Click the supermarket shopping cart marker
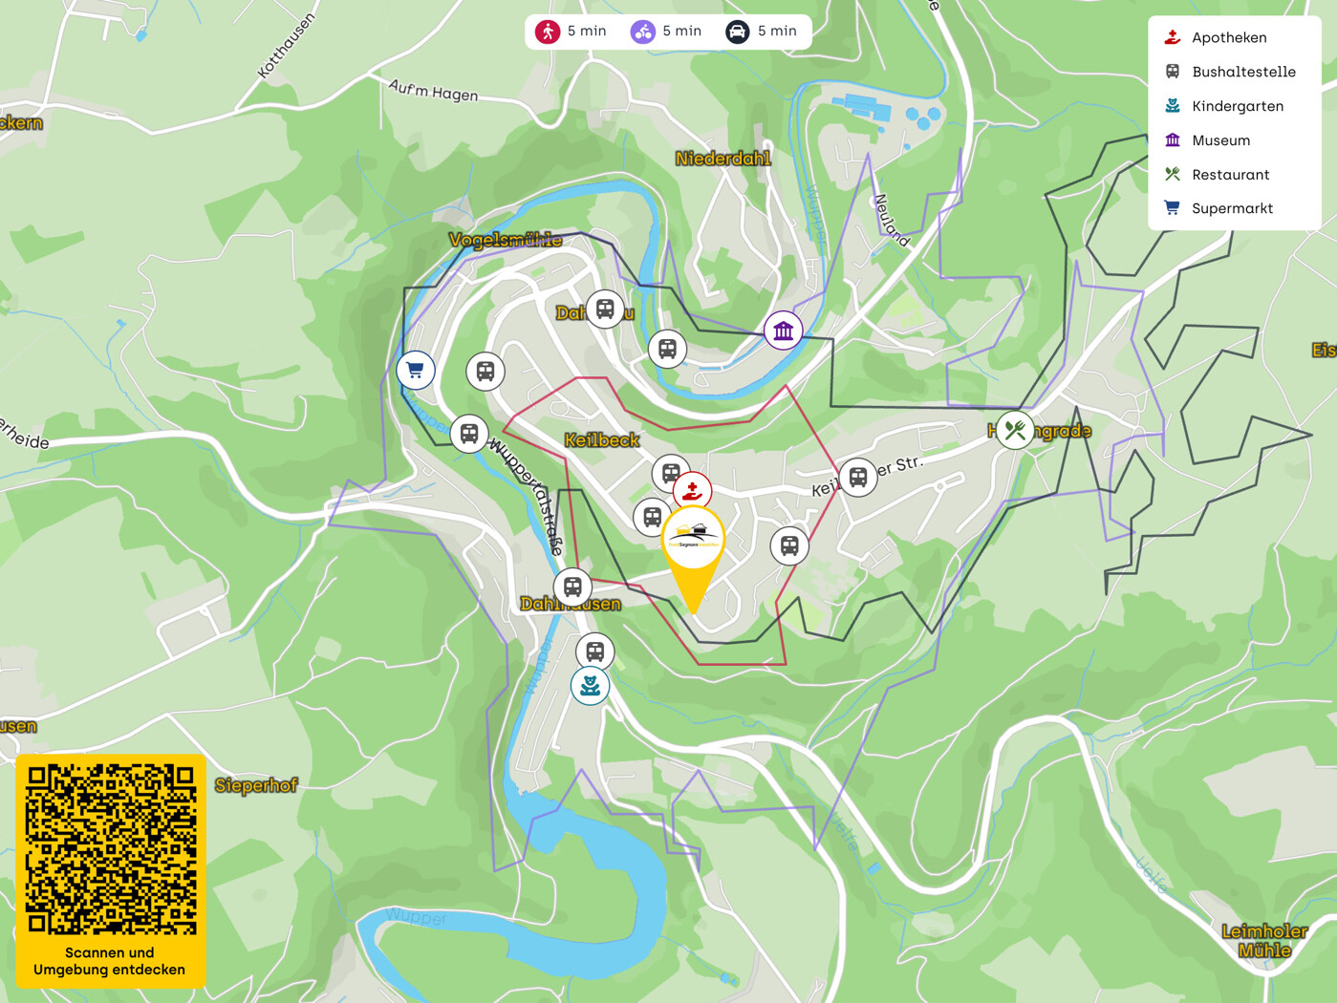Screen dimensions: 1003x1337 pyautogui.click(x=416, y=370)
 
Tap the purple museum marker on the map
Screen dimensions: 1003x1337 pyautogui.click(x=784, y=331)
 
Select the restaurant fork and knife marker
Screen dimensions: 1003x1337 pyautogui.click(x=1015, y=431)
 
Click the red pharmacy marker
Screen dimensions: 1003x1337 pyautogui.click(x=692, y=491)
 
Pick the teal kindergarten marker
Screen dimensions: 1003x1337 pyautogui.click(x=590, y=686)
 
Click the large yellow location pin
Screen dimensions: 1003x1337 pyautogui.click(x=693, y=549)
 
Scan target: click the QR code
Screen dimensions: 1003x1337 pyautogui.click(x=111, y=848)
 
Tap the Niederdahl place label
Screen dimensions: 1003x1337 pyautogui.click(x=722, y=159)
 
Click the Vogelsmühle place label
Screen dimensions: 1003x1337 pyautogui.click(x=506, y=240)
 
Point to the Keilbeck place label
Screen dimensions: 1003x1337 pyautogui.click(x=602, y=440)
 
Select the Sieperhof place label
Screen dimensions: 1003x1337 pyautogui.click(x=256, y=785)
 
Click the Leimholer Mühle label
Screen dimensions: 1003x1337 pyautogui.click(x=1264, y=940)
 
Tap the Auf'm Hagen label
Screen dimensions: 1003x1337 pyautogui.click(x=433, y=91)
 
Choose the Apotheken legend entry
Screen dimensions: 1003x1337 pyautogui.click(x=1229, y=37)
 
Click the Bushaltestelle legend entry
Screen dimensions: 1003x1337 pyautogui.click(x=1243, y=72)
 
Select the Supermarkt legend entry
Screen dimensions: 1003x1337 pyautogui.click(x=1232, y=208)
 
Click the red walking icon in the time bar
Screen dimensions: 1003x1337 pyautogui.click(x=548, y=32)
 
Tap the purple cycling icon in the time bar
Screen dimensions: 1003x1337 pyautogui.click(x=642, y=32)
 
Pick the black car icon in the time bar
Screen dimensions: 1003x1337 pyautogui.click(x=737, y=32)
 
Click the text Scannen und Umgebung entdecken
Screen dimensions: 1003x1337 pyautogui.click(x=110, y=961)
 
